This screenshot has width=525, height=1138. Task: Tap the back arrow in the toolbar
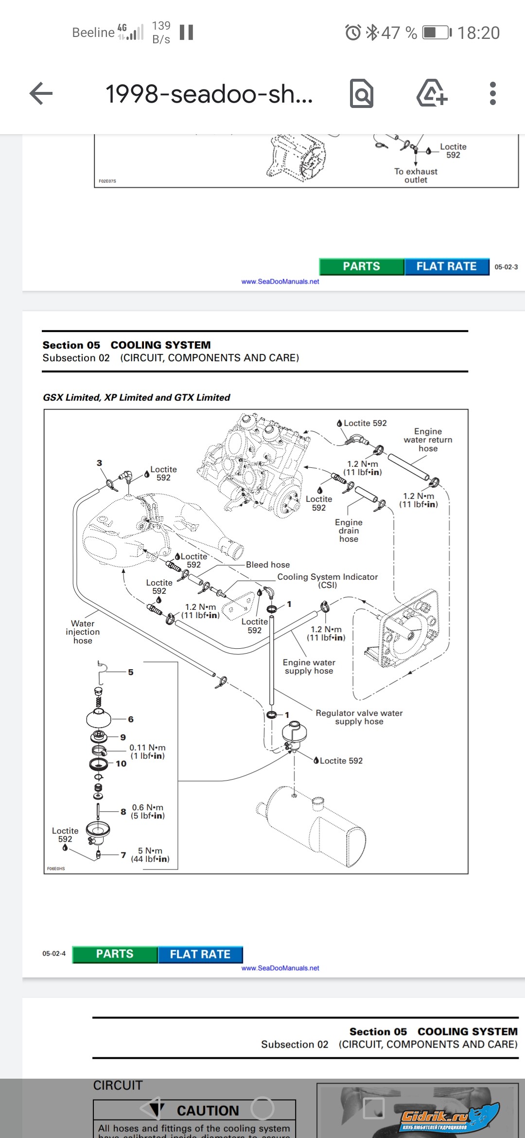41,93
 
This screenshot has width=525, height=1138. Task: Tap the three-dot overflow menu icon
492,93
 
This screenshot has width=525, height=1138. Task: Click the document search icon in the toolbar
362,93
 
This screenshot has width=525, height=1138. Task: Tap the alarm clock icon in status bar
353,33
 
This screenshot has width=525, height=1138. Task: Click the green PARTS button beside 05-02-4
115,954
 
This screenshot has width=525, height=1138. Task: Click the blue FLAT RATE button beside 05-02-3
446,267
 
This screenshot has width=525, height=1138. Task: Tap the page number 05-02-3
506,267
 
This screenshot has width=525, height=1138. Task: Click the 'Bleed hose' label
267,565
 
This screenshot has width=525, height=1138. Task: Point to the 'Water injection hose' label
83,632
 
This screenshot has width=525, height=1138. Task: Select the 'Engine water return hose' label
428,440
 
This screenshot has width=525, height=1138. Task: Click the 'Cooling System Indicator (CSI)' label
327,581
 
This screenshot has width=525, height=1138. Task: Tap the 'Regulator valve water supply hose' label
359,717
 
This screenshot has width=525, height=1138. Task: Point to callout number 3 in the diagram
99,463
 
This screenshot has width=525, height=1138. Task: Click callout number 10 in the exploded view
121,764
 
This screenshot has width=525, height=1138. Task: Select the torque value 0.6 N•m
148,807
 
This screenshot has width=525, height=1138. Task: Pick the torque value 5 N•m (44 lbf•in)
150,854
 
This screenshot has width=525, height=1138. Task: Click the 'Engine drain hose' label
349,530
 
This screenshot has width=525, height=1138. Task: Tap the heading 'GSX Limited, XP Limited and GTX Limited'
137,397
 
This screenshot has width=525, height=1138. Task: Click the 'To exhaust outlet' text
416,176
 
